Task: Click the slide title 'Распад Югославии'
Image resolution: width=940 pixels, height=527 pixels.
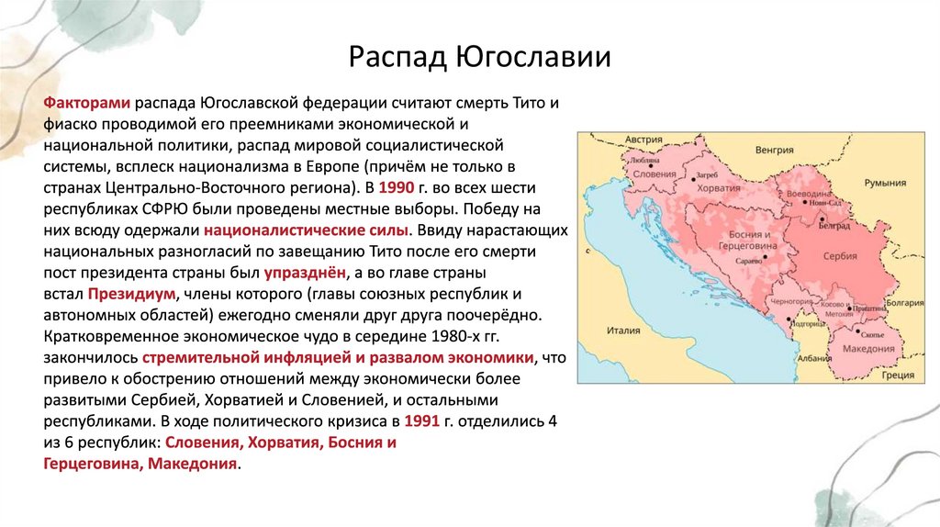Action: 480,57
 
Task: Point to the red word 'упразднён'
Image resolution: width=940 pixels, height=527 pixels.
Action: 307,274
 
